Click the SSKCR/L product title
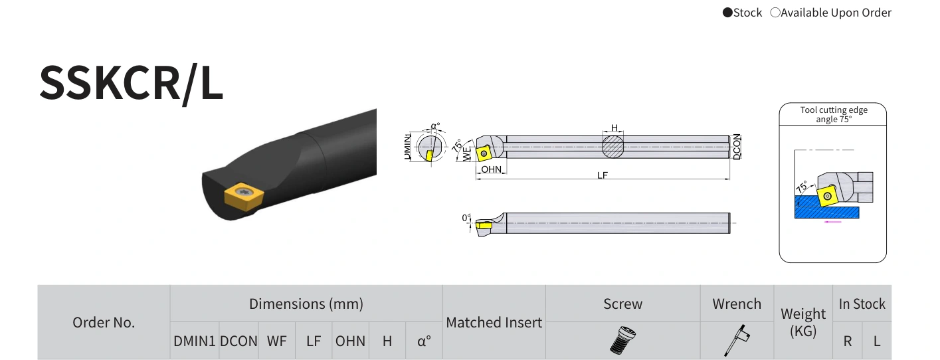(x=131, y=83)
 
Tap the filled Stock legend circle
(x=727, y=13)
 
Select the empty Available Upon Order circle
(x=775, y=13)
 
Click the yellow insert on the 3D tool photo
(x=243, y=195)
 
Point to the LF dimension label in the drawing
(x=602, y=175)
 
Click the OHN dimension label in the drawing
(x=491, y=169)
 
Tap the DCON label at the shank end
(x=737, y=147)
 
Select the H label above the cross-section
(x=614, y=128)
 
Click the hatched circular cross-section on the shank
(x=612, y=147)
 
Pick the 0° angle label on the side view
(x=466, y=218)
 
